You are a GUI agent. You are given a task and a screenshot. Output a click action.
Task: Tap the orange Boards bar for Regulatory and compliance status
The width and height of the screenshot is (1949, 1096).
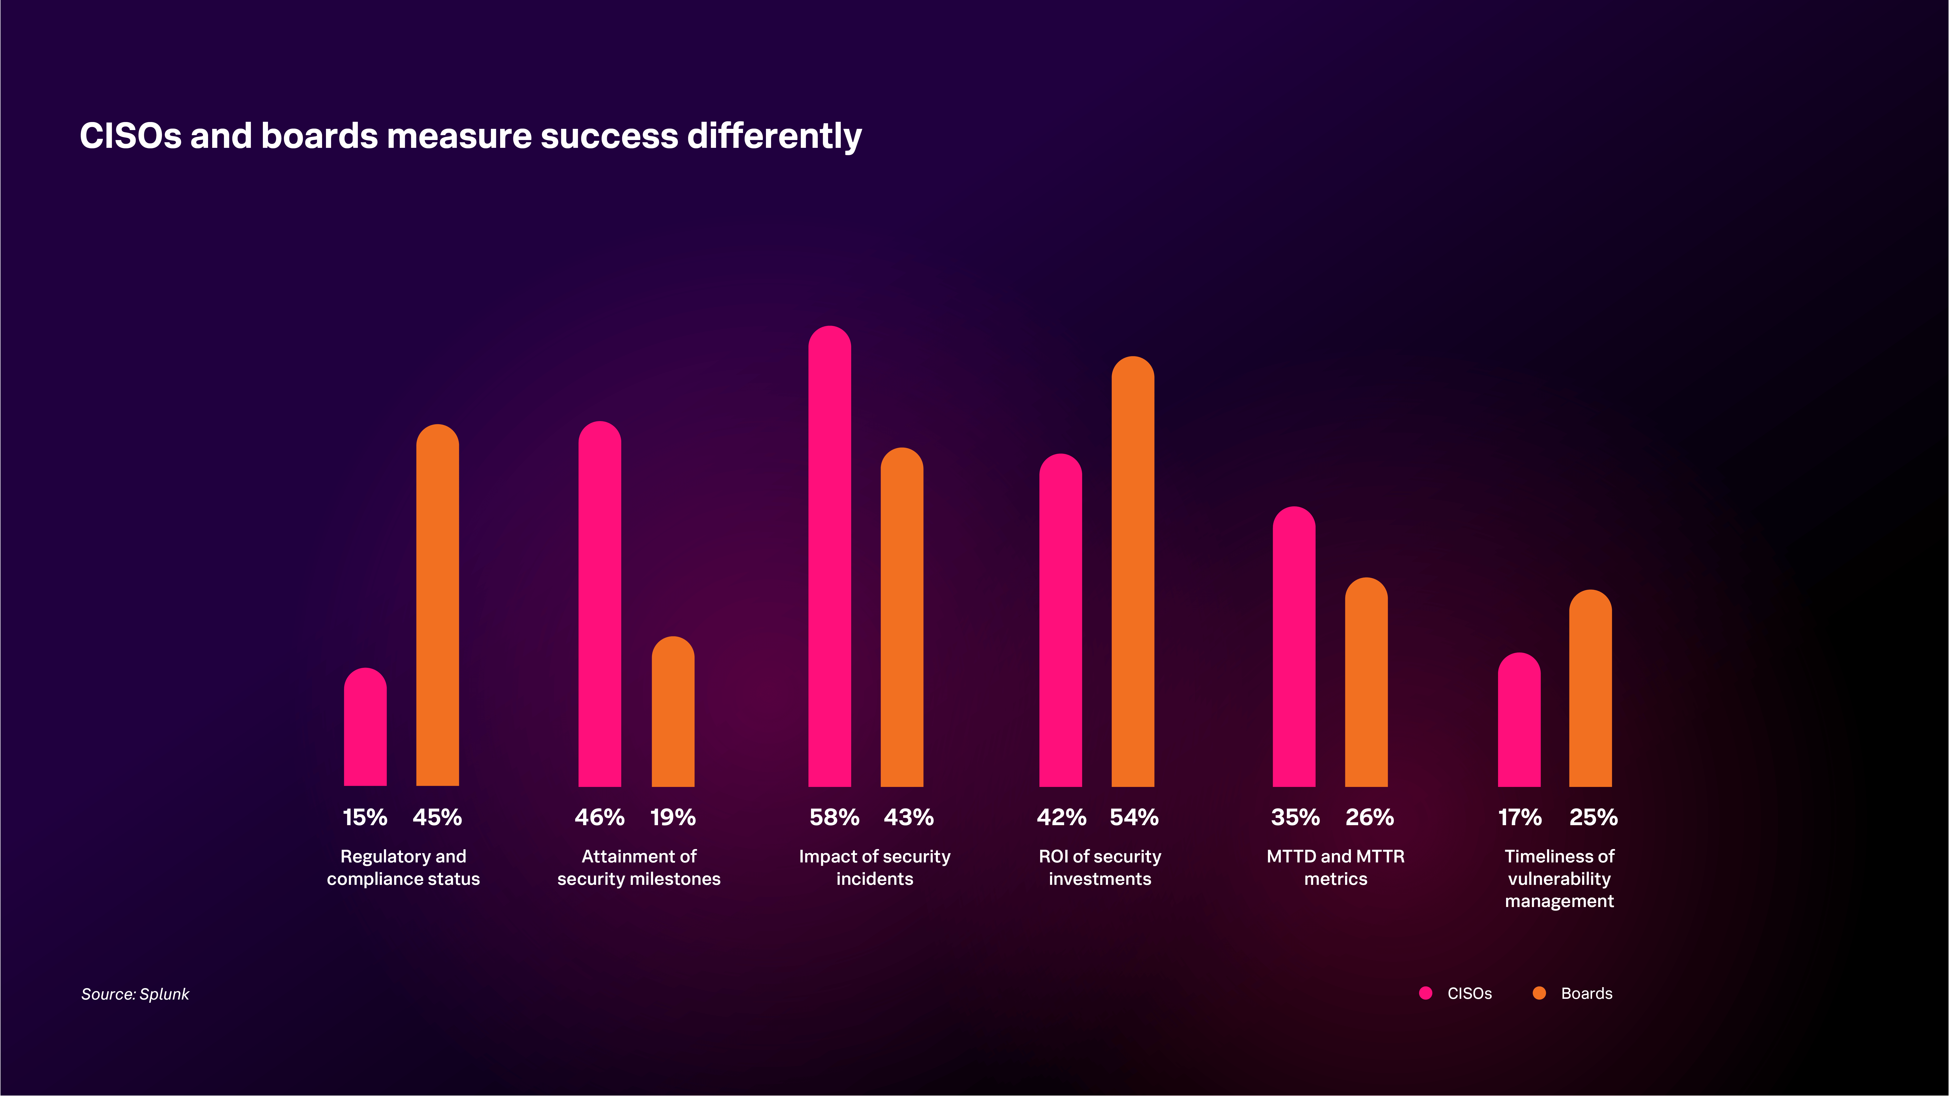(x=437, y=605)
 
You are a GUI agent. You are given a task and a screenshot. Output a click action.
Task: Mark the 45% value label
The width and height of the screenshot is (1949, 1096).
(x=437, y=817)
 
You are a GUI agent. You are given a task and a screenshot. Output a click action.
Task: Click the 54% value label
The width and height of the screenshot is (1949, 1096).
(x=1133, y=817)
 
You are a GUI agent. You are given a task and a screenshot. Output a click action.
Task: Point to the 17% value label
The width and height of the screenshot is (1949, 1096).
(x=1519, y=817)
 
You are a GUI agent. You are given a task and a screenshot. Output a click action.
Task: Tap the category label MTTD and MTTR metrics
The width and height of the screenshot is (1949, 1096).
(x=1335, y=868)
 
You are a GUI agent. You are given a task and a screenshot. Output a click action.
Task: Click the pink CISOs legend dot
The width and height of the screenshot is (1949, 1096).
(x=1425, y=993)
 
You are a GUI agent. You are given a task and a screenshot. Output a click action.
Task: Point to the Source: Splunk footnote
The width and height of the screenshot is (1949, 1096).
(x=135, y=994)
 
